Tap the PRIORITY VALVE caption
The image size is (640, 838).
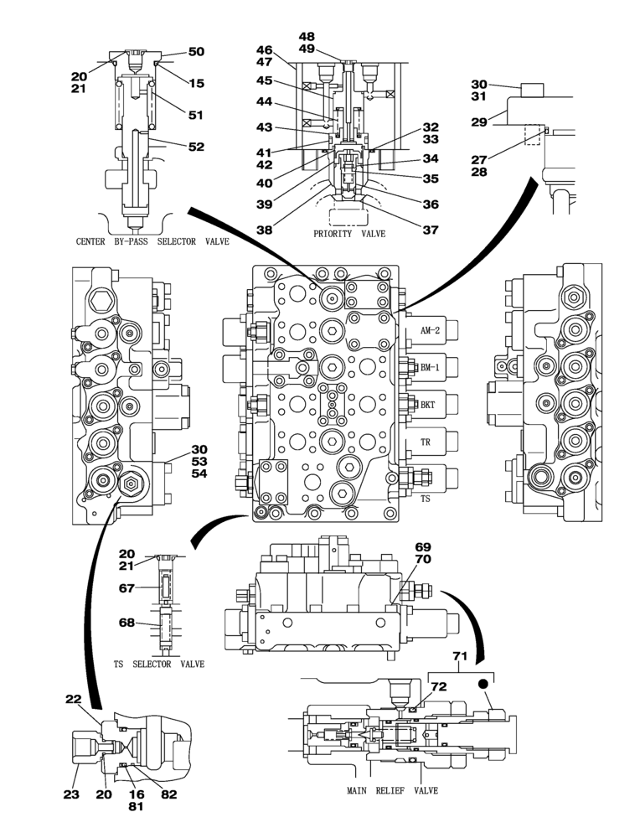[349, 234]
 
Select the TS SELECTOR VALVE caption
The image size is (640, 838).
[159, 665]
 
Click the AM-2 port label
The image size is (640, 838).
[431, 331]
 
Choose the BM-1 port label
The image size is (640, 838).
[431, 367]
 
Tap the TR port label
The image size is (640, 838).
[425, 441]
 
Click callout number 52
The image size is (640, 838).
[196, 146]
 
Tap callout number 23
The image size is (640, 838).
[71, 794]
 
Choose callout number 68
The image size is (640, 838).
[126, 622]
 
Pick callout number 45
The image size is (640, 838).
[265, 81]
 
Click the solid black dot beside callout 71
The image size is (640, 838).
[484, 685]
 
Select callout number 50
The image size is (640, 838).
[196, 52]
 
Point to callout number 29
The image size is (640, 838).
[479, 122]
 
